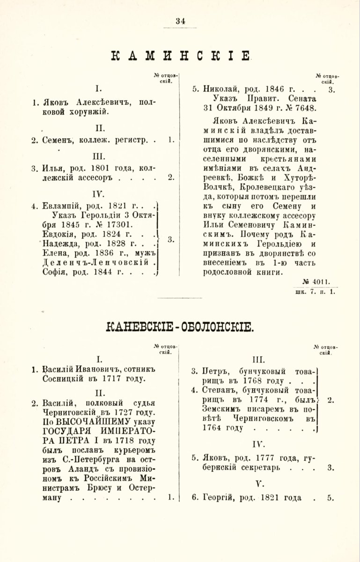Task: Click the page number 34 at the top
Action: tap(180, 20)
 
